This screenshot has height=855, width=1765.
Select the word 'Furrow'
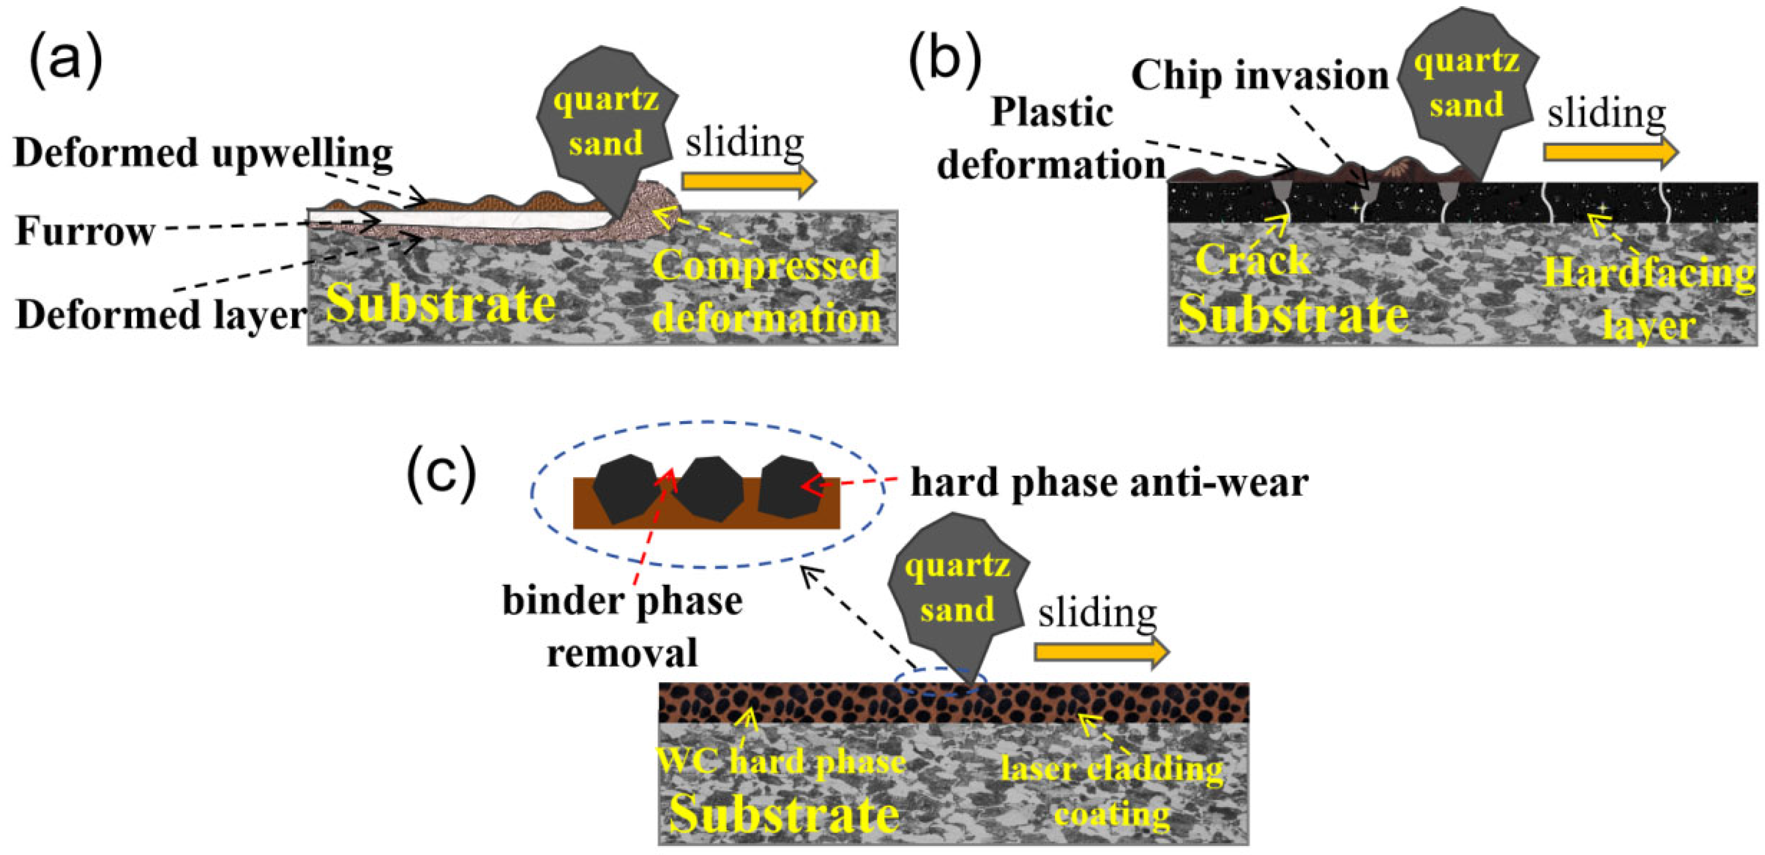[x=85, y=231]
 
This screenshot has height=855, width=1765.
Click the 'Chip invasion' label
[x=1259, y=75]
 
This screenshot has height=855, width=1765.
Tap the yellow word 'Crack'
[x=1252, y=260]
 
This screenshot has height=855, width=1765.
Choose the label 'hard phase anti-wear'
[x=1109, y=483]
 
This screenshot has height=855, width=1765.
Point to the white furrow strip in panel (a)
[x=459, y=219]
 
